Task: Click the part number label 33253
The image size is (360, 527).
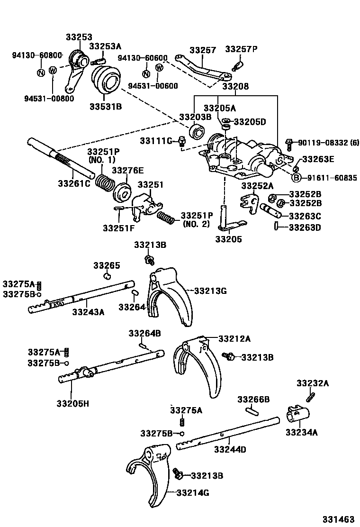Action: click(x=79, y=37)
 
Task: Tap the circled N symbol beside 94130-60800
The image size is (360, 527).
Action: click(x=41, y=72)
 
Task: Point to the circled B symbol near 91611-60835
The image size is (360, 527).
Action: click(x=296, y=178)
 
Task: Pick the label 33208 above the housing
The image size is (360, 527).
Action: click(x=236, y=86)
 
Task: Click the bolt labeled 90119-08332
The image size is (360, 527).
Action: click(x=289, y=144)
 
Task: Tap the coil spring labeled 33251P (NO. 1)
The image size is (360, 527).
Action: click(x=105, y=183)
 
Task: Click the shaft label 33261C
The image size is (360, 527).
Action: click(x=74, y=183)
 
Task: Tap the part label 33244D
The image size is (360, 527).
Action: click(x=230, y=449)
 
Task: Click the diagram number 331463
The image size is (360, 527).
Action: click(x=339, y=519)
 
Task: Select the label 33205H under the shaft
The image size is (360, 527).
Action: click(x=72, y=403)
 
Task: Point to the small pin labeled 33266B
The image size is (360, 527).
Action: click(x=252, y=411)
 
